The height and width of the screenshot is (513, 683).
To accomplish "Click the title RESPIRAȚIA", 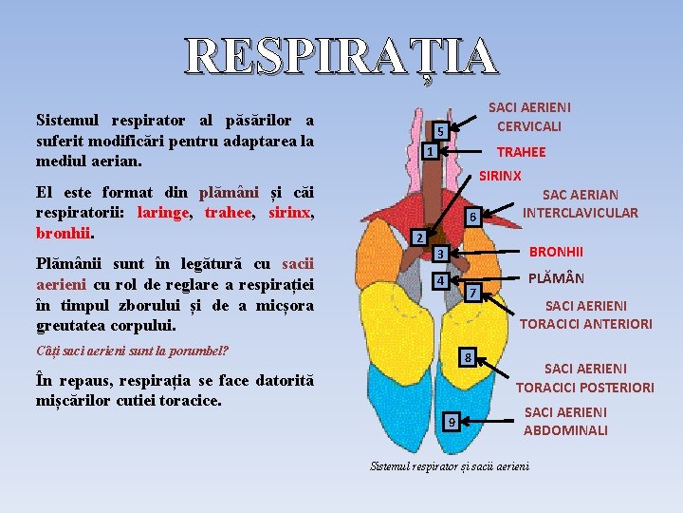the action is pyautogui.click(x=341, y=57).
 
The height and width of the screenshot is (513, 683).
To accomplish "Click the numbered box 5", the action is pyautogui.click(x=440, y=130).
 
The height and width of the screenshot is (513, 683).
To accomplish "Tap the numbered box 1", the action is pyautogui.click(x=430, y=151).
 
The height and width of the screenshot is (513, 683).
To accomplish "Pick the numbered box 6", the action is pyautogui.click(x=471, y=218).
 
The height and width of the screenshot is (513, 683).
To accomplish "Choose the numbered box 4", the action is pyautogui.click(x=439, y=281).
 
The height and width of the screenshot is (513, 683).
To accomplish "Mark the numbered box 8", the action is pyautogui.click(x=466, y=358).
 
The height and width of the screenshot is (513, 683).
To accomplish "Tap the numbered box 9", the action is pyautogui.click(x=452, y=421).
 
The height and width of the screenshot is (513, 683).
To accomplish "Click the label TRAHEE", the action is pyautogui.click(x=522, y=152).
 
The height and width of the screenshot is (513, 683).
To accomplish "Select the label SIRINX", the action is pyautogui.click(x=500, y=176).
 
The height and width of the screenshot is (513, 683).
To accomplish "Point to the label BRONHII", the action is pyautogui.click(x=556, y=252).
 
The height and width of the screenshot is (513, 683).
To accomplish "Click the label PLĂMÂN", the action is pyautogui.click(x=556, y=278).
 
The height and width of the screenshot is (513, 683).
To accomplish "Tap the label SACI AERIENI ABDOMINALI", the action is pyautogui.click(x=566, y=421).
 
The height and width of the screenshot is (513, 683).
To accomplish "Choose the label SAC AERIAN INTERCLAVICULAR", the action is pyautogui.click(x=581, y=203).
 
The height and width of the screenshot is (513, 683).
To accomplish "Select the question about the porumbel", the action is pyautogui.click(x=132, y=351).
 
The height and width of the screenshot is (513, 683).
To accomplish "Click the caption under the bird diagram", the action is pyautogui.click(x=450, y=466).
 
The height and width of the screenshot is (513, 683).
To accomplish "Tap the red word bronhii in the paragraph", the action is pyautogui.click(x=63, y=232).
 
